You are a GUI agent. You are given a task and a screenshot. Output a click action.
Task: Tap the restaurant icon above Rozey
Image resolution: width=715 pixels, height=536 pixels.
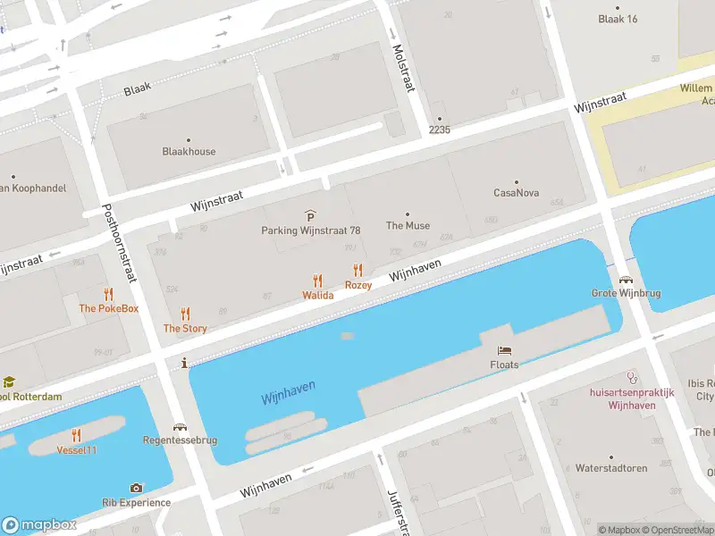tap(358, 270)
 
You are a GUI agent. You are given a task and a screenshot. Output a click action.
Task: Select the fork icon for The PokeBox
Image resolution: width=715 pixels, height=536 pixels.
tap(109, 294)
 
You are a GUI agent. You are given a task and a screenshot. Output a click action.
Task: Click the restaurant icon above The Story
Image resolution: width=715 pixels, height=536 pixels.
tap(185, 314)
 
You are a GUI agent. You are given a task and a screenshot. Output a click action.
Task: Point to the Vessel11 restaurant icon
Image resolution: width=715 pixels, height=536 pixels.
tap(77, 435)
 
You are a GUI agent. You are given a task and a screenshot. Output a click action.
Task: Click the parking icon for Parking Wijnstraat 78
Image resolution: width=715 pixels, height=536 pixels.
tap(310, 215)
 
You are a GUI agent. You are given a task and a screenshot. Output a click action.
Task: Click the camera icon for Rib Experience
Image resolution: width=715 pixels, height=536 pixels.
tap(136, 488)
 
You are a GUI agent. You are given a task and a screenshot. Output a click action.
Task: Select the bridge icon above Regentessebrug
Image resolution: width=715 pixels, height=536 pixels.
tap(181, 427)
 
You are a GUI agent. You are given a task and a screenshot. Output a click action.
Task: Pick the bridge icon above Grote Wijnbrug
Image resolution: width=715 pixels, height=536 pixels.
tap(624, 279)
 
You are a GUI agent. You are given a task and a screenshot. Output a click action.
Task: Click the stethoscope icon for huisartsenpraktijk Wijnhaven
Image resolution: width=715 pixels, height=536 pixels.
tap(632, 378)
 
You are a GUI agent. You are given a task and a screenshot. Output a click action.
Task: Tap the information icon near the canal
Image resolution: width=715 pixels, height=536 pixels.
tap(183, 363)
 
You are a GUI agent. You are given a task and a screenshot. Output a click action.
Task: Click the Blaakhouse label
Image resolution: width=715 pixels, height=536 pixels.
tap(189, 151)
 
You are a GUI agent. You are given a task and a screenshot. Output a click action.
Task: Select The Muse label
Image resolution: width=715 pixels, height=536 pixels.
tap(408, 225)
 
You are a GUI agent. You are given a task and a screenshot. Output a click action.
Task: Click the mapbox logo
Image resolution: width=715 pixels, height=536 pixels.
tap(39, 525)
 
